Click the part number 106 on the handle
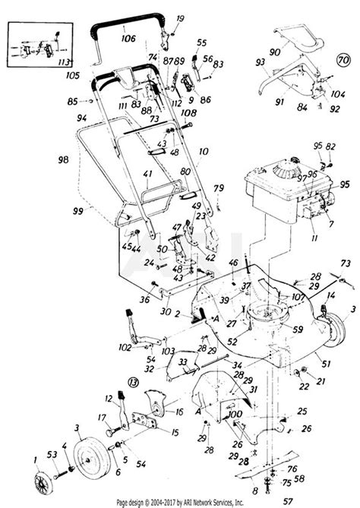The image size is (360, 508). [x=127, y=37]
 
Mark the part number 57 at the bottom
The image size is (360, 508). [x=287, y=490]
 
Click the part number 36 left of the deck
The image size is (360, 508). [x=144, y=299]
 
